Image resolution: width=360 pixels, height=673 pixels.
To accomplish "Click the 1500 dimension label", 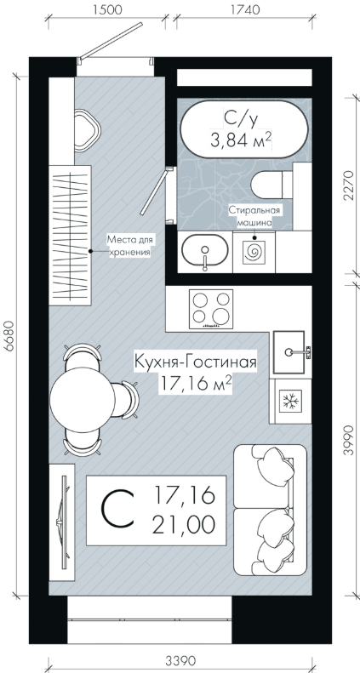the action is (106, 9).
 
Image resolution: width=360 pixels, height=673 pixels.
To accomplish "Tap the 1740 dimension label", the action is (245, 9).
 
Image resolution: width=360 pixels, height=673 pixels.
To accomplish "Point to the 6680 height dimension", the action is (9, 337).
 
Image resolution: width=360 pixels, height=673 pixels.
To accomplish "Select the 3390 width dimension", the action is (180, 660).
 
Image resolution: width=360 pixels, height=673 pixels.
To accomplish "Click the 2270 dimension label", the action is (351, 185).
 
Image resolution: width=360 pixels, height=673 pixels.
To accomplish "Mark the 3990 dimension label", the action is (351, 440).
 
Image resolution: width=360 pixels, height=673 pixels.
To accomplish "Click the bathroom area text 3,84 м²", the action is (242, 140).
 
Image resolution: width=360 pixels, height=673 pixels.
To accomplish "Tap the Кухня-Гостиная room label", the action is (196, 362).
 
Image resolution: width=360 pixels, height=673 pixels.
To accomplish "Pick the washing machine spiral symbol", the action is (254, 253).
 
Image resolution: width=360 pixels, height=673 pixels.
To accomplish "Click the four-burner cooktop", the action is (211, 309).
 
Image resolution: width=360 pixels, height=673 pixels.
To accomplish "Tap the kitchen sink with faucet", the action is (290, 352).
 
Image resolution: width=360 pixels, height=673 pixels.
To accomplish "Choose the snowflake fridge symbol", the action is (290, 401).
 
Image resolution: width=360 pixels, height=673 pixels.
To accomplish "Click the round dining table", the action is (83, 400).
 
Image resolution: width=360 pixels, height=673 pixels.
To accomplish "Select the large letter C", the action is (117, 510).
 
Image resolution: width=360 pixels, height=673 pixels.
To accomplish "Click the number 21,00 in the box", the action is (184, 525).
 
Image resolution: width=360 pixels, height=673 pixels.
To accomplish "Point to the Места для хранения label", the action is (129, 246).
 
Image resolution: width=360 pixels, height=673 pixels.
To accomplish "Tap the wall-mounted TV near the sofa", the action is (64, 522).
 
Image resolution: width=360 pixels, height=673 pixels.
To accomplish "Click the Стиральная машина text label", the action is (254, 216).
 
